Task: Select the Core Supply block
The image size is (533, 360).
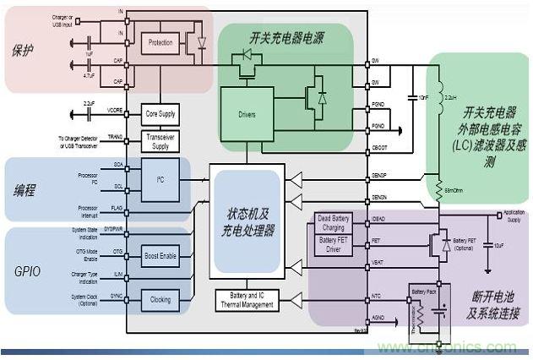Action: [160, 113]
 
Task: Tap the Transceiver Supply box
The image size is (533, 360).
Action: [160, 142]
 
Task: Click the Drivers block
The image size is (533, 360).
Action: [247, 114]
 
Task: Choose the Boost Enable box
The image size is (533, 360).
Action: [160, 255]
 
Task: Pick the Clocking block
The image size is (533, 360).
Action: [160, 299]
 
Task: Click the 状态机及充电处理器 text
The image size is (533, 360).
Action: [247, 221]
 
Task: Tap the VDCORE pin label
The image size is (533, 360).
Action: [114, 111]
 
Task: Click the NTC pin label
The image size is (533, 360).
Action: [378, 296]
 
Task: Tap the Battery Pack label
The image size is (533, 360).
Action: [425, 291]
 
